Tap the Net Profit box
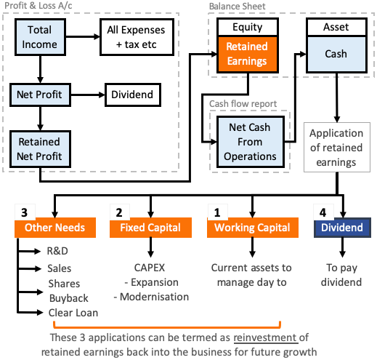pos(39,94)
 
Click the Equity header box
pos(247,28)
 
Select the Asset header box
pos(335,28)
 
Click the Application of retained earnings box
pos(335,147)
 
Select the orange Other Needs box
pos(54,228)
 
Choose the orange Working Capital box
pos(251,228)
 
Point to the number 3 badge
pos(24,212)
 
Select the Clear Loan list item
pos(73,313)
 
